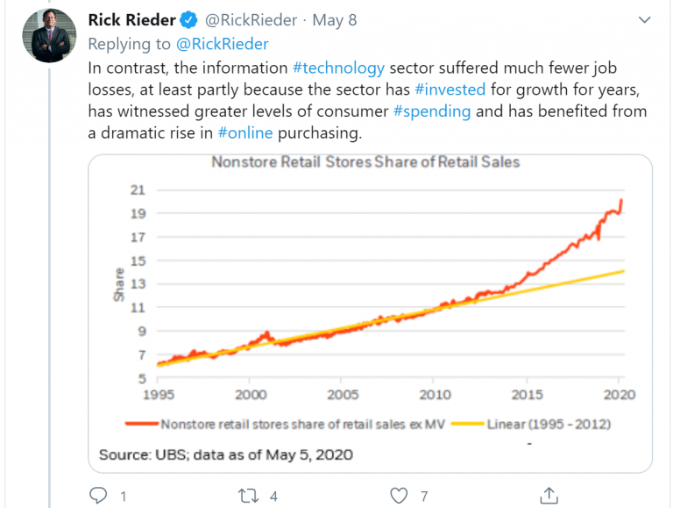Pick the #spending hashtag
click(x=430, y=111)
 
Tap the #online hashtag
click(x=245, y=133)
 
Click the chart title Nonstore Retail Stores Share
click(x=365, y=161)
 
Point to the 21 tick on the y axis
click(x=138, y=190)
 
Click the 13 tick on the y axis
click(x=138, y=284)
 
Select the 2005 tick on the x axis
click(x=343, y=395)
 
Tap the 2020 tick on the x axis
click(x=620, y=395)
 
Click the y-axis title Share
click(x=119, y=284)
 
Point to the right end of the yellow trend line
click(x=623, y=271)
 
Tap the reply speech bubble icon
click(x=99, y=496)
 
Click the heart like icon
click(x=400, y=496)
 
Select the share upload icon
click(x=549, y=495)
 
